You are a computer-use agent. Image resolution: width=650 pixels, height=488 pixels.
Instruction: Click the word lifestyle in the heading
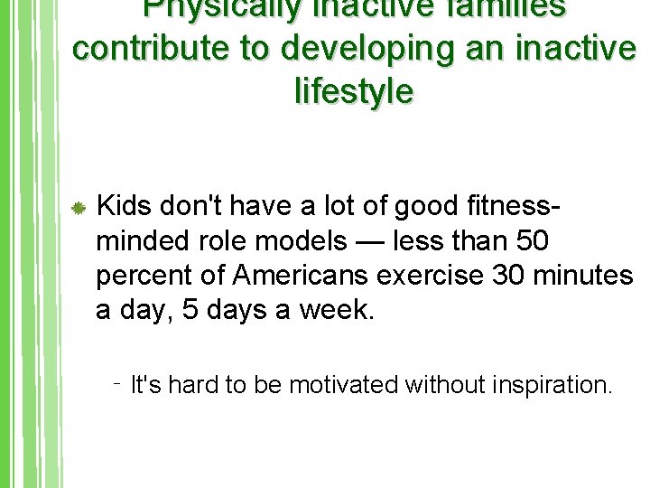354,90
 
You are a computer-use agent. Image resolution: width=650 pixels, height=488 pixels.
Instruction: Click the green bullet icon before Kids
79,209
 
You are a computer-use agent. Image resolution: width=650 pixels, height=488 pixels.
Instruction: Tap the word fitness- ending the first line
508,207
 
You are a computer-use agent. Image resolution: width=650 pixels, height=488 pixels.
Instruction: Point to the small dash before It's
118,381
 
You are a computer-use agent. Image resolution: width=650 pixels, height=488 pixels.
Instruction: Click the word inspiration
552,386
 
